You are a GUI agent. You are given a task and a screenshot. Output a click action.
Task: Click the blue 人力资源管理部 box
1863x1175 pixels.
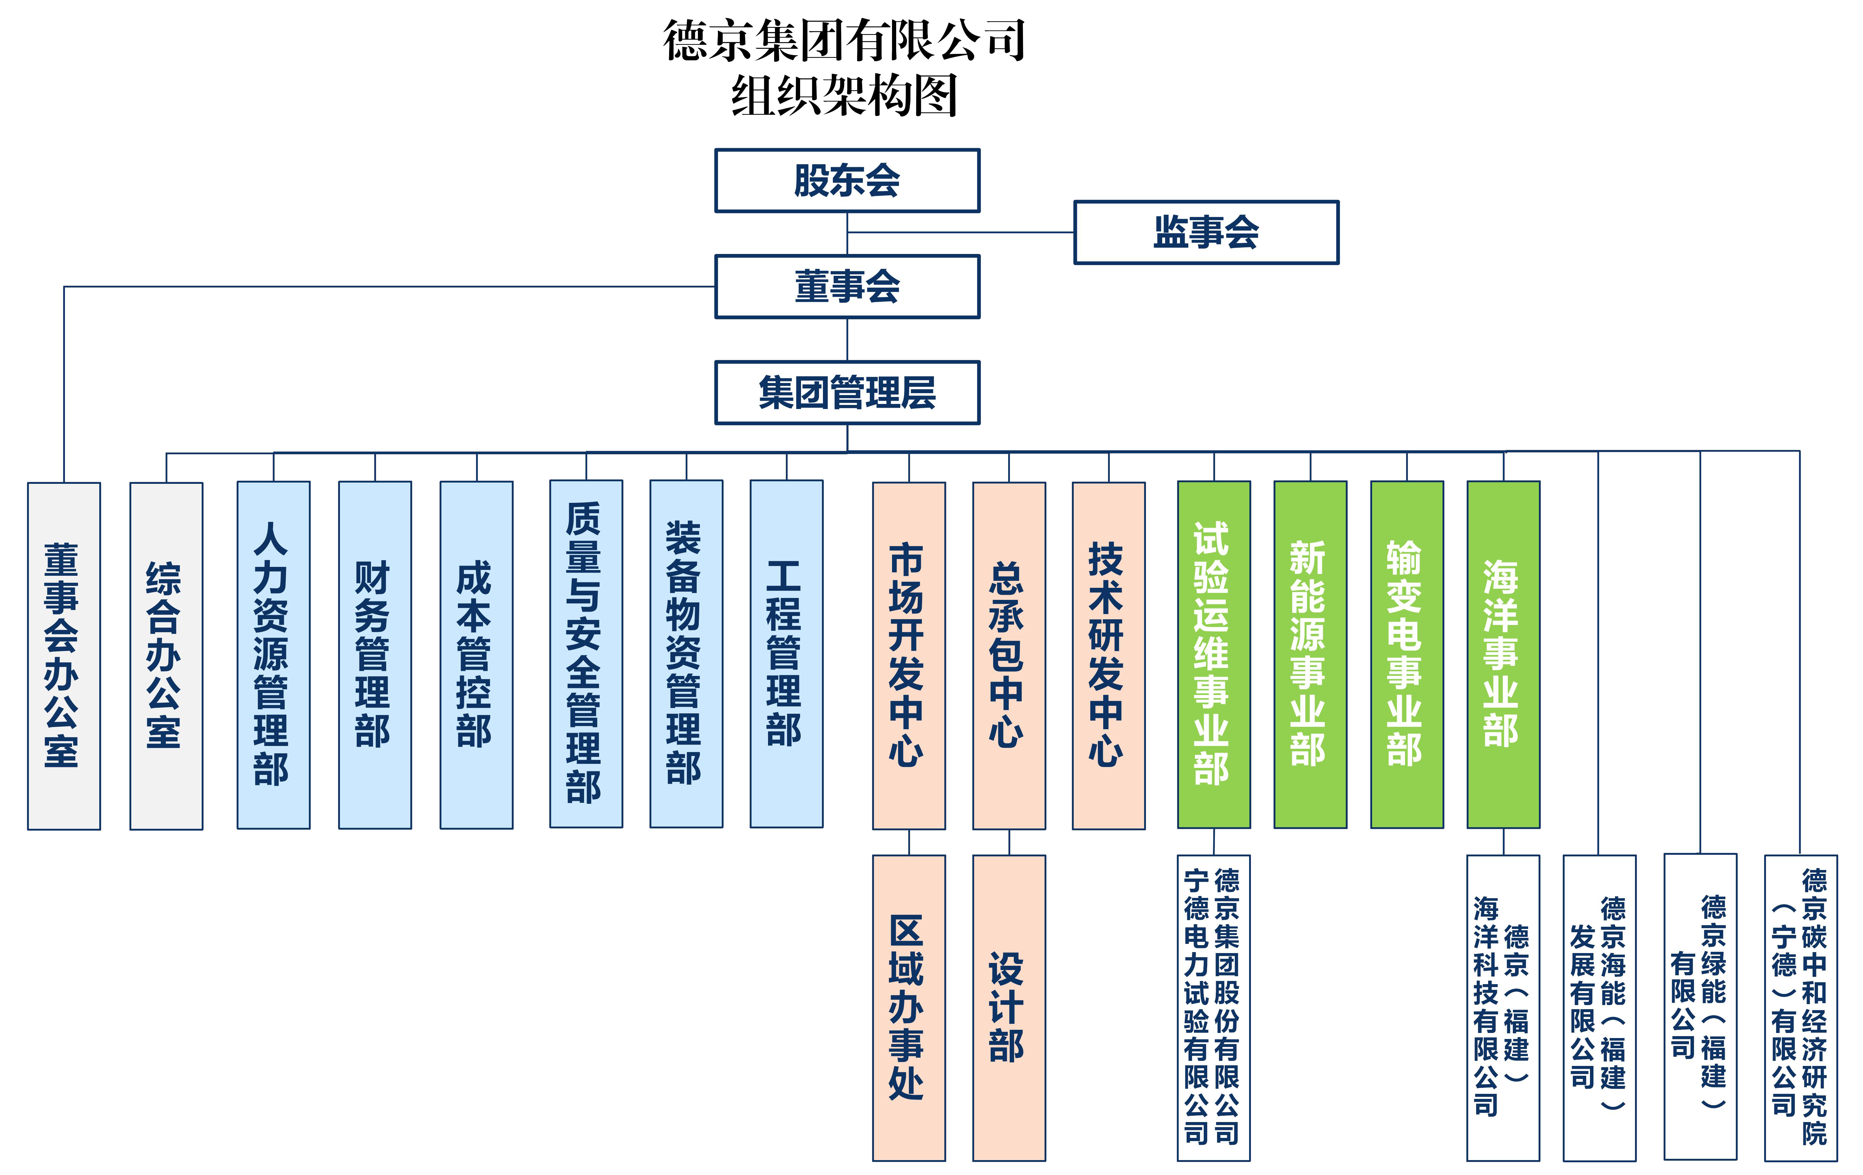(273, 654)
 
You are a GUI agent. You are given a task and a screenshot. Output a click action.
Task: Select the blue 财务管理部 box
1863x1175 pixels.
(375, 654)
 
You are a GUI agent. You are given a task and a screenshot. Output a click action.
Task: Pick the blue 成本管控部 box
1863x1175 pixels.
(476, 654)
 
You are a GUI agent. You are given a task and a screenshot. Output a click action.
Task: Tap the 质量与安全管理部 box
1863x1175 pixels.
(586, 654)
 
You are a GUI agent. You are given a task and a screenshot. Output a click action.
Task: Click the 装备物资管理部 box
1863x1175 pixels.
(686, 654)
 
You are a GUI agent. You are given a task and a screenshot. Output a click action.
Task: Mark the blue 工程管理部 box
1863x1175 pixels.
(786, 654)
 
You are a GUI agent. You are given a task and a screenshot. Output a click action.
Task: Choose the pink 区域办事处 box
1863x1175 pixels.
(908, 1007)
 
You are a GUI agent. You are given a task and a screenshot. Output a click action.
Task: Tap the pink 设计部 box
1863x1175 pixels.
(1008, 1007)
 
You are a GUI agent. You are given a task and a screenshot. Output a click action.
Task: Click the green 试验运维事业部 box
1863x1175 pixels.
(1213, 654)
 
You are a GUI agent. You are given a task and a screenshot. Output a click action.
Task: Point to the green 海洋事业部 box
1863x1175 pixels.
(1502, 654)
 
